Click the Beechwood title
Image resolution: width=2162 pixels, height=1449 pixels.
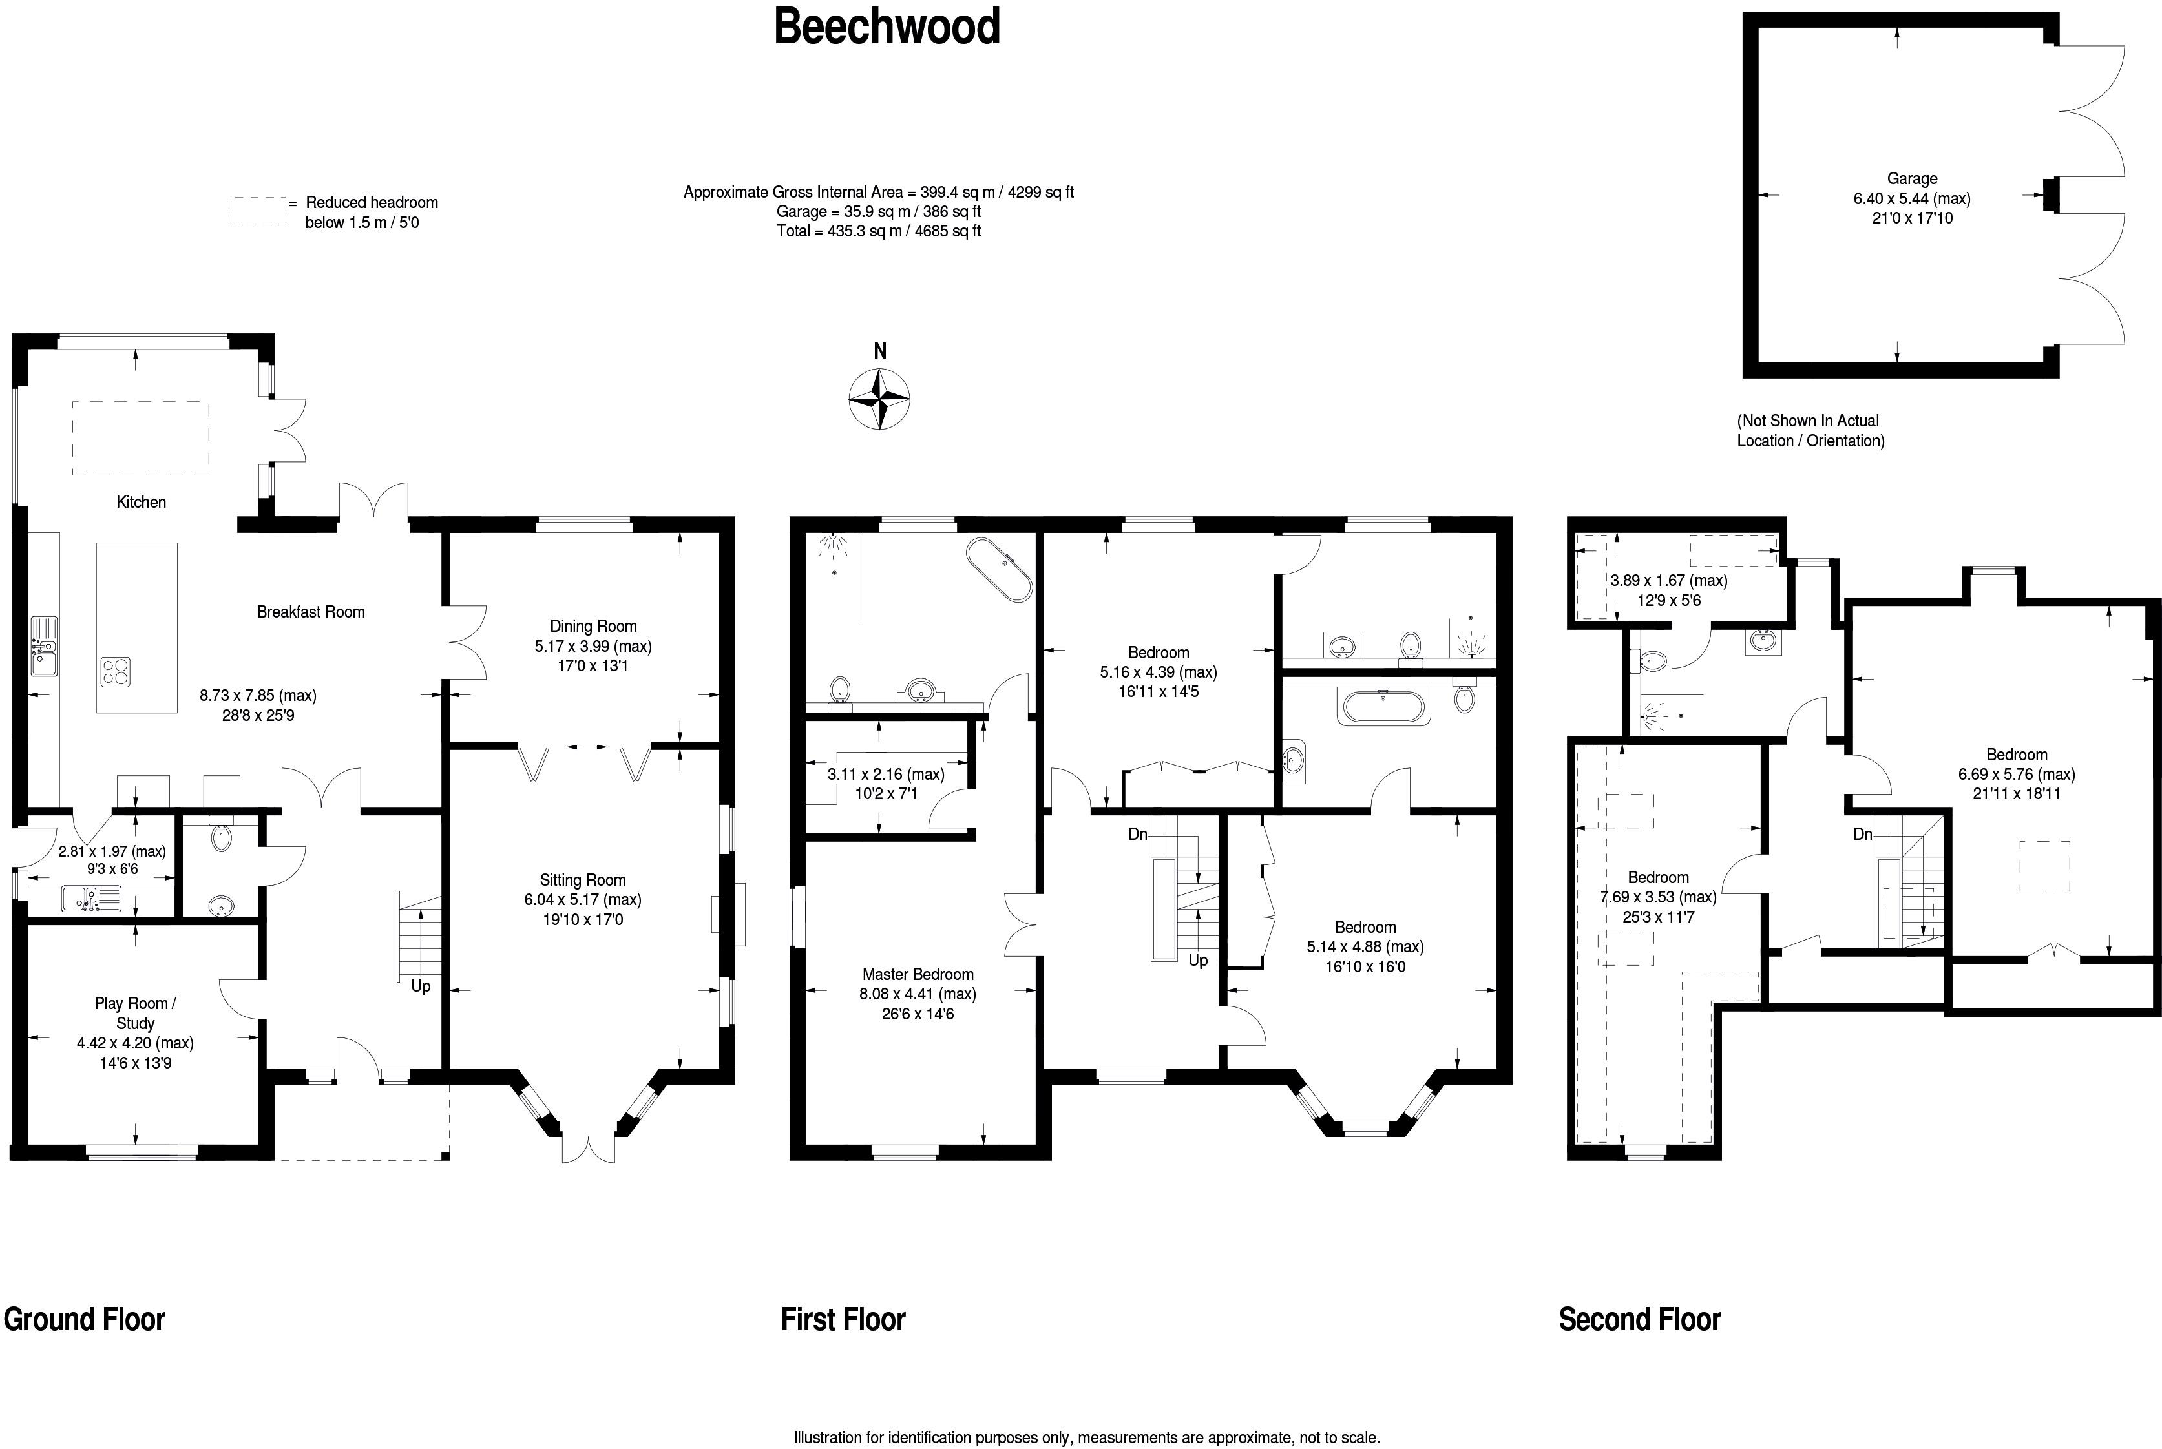(x=887, y=26)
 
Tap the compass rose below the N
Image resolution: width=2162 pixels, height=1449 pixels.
(x=879, y=399)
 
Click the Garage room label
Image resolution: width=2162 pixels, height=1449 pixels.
(x=1911, y=178)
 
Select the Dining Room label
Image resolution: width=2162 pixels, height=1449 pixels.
(x=593, y=625)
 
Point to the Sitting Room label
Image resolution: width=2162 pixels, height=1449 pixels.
(x=582, y=880)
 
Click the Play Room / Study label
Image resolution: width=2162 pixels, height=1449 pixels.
(x=135, y=1013)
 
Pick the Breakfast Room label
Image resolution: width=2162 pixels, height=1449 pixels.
(x=311, y=612)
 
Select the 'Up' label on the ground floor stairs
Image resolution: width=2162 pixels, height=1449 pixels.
(x=421, y=986)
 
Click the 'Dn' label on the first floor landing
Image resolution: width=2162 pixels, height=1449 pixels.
(x=1138, y=835)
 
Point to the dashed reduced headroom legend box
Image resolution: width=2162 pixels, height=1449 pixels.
(x=258, y=211)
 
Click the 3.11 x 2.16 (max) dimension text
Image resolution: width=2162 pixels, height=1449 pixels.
(x=885, y=775)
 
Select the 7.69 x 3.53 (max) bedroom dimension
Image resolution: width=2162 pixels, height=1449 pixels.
(x=1657, y=897)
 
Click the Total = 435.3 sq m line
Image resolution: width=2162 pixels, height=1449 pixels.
(x=878, y=231)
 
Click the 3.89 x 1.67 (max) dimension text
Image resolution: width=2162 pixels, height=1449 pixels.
(x=1668, y=580)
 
